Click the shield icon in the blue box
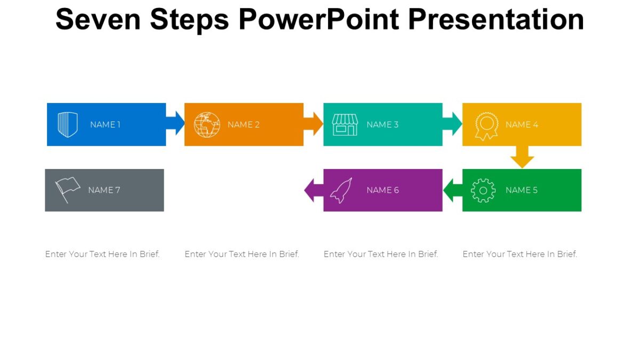(x=68, y=125)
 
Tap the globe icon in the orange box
(x=207, y=125)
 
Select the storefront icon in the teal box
(x=345, y=125)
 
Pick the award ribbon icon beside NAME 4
(x=486, y=126)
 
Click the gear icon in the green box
(x=483, y=190)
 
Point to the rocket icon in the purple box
(x=341, y=190)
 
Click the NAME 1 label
(x=105, y=125)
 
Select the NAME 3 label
(x=382, y=125)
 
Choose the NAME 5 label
(x=521, y=190)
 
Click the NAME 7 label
(x=104, y=190)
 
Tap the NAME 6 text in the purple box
(x=382, y=190)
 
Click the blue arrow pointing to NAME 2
(x=175, y=124)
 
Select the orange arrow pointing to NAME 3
(x=314, y=124)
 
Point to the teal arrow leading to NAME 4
(x=452, y=124)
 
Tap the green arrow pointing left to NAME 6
(x=453, y=190)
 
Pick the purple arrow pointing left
(x=314, y=190)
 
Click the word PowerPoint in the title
(x=319, y=20)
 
